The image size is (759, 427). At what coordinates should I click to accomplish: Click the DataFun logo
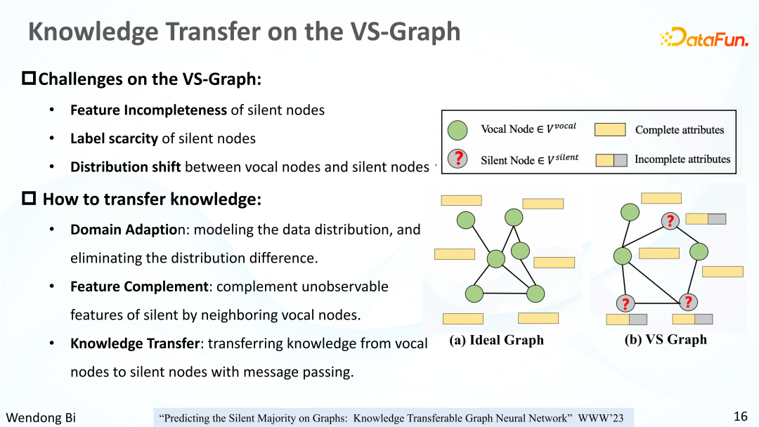tap(704, 37)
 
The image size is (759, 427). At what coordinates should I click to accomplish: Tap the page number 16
tap(741, 416)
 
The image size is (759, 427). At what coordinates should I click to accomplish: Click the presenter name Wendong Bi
tap(41, 417)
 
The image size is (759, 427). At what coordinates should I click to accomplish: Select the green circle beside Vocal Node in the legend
tap(458, 130)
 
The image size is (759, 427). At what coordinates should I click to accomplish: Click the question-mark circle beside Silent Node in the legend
tap(458, 159)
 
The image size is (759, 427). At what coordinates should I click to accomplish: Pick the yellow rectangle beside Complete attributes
tap(610, 130)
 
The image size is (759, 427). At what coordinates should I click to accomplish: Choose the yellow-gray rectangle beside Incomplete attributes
tap(611, 160)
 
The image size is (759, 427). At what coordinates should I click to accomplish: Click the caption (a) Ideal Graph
tap(497, 340)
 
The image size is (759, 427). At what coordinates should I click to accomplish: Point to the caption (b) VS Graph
tap(666, 339)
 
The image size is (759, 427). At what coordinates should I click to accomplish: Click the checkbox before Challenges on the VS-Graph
tap(29, 78)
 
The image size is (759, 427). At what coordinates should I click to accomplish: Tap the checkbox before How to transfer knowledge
tap(29, 198)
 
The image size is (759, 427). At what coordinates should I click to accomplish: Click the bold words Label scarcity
tap(115, 139)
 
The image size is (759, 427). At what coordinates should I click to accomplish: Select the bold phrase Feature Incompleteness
tap(148, 110)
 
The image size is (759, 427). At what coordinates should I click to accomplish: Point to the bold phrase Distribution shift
tap(126, 167)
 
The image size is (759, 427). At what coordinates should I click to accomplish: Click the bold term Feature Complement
tap(139, 287)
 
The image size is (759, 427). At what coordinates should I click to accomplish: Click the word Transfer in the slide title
tap(213, 32)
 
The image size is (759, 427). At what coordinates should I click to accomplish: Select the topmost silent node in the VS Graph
tap(670, 221)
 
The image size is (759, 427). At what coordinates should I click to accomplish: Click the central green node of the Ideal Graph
tap(496, 258)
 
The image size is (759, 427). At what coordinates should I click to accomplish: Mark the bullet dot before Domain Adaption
tap(52, 229)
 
